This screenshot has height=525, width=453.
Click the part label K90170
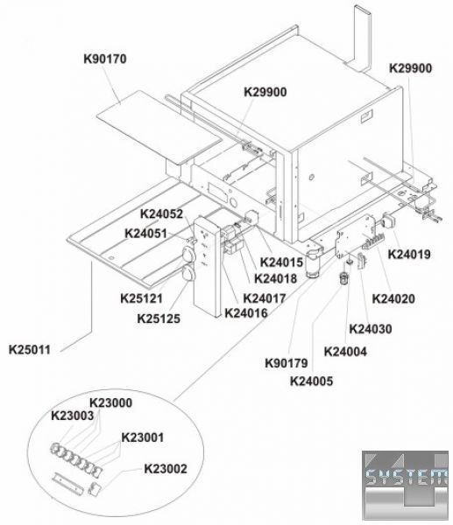click(105, 59)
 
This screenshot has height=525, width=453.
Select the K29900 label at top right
click(410, 68)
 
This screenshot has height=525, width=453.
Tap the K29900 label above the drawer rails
click(265, 92)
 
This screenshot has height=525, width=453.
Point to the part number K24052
click(161, 213)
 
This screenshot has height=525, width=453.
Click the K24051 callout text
click(145, 234)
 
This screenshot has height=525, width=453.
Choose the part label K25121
click(141, 298)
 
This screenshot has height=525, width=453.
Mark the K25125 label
click(159, 318)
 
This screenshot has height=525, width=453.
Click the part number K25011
click(30, 349)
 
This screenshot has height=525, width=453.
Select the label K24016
click(246, 313)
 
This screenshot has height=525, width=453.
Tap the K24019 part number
click(409, 254)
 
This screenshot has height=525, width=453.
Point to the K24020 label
click(393, 298)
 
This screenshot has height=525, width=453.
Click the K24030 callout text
click(371, 329)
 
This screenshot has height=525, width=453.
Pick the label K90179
click(287, 363)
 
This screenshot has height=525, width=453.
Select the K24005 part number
click(312, 381)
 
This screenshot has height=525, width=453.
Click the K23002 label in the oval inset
click(166, 469)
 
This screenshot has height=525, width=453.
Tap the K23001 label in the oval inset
click(143, 437)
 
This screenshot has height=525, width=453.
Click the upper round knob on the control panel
click(188, 254)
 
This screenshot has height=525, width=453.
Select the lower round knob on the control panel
click(188, 273)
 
